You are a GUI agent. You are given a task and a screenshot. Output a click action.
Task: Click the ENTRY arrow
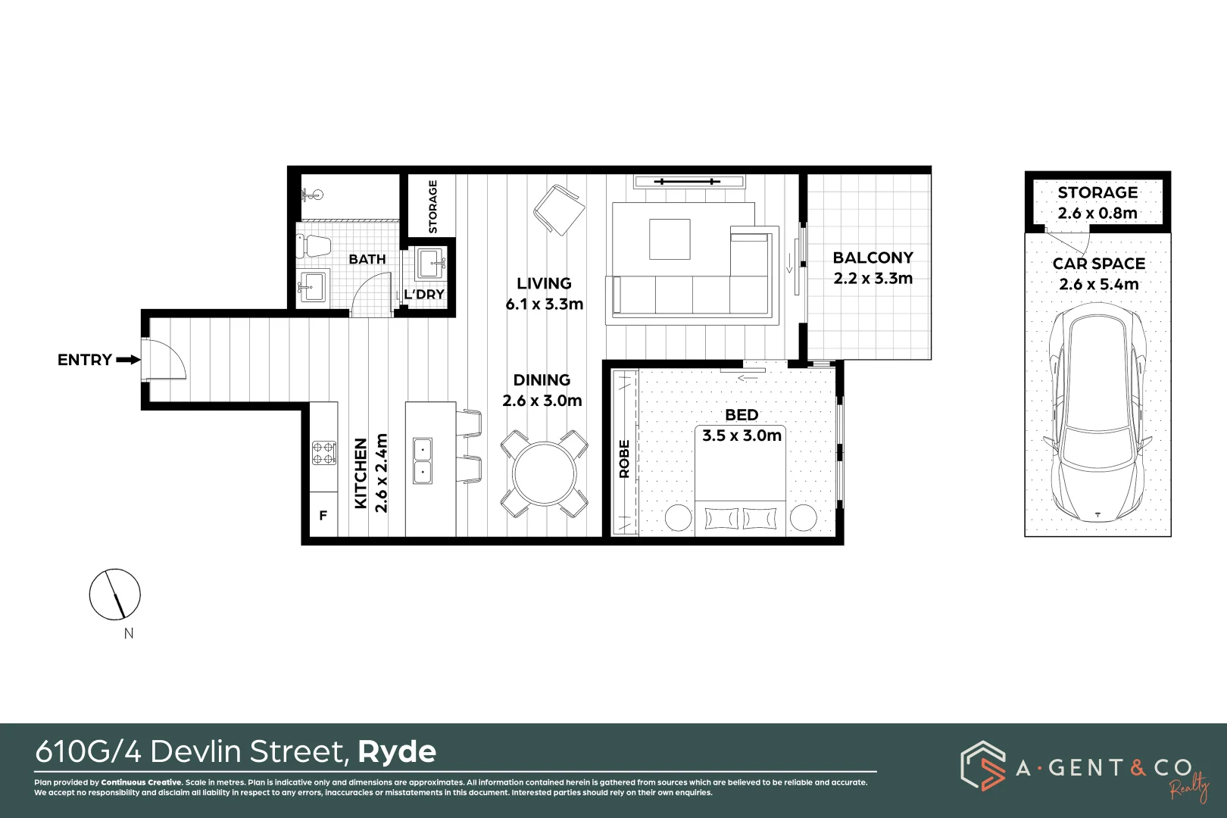(x=128, y=360)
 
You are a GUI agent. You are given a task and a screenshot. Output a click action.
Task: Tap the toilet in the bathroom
(x=315, y=245)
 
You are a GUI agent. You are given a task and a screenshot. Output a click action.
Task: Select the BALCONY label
(x=873, y=258)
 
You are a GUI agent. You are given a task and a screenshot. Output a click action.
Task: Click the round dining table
(x=545, y=474)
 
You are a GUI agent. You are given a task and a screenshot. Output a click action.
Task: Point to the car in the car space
(x=1097, y=414)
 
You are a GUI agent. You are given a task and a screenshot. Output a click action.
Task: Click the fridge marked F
(x=323, y=516)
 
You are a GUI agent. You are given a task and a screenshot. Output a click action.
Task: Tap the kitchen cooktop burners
(x=324, y=453)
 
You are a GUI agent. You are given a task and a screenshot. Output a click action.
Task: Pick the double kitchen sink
(x=422, y=461)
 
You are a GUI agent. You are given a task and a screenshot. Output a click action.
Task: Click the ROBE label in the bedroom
(x=625, y=459)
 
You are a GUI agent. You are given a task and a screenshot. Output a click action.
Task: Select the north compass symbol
(x=115, y=594)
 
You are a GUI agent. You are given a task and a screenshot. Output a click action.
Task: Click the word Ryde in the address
(x=397, y=752)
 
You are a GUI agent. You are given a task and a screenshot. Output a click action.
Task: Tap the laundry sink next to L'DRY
(x=431, y=265)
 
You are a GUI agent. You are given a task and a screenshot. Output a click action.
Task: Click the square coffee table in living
(x=670, y=239)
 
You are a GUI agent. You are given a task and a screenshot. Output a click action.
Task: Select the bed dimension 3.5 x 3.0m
(x=742, y=436)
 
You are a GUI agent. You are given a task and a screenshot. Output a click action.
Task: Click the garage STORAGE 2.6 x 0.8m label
(x=1097, y=203)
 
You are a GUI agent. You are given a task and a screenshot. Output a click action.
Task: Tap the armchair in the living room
(x=559, y=210)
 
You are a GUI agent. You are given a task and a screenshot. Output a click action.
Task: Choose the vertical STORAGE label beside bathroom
(x=433, y=206)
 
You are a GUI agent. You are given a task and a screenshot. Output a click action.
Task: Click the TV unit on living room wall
(x=689, y=182)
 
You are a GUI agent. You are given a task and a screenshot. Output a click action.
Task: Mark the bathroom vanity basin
(x=312, y=286)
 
